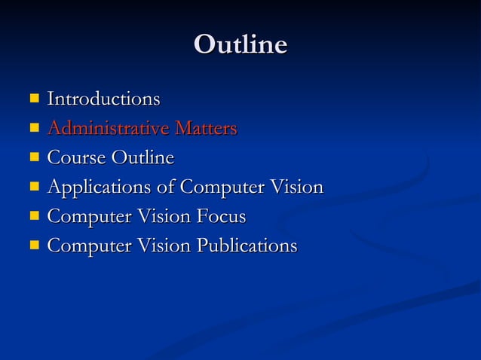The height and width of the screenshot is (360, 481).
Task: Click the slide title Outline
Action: (240, 44)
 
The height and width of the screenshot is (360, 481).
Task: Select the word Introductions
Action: (103, 99)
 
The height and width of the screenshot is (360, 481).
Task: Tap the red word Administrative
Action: (108, 128)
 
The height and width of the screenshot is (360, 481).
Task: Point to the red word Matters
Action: (206, 128)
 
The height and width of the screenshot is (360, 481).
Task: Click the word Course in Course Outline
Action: (77, 157)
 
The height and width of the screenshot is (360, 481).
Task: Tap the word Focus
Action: (219, 216)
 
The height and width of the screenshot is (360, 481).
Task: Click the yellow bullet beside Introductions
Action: (34, 98)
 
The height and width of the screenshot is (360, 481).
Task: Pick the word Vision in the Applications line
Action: (296, 187)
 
